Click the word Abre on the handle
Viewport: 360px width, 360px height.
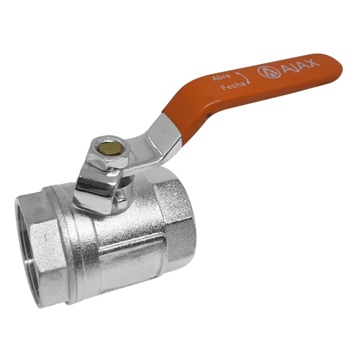221,77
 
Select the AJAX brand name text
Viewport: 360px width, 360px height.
300,65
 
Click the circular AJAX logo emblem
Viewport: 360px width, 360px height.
269,72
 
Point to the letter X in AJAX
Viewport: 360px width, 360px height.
314,62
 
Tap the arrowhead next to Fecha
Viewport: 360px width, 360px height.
248,82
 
